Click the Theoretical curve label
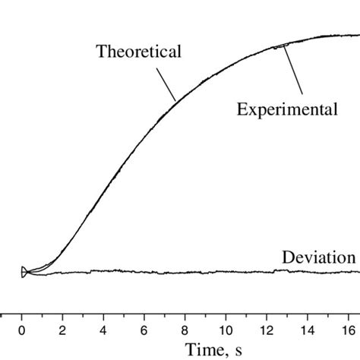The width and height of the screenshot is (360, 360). tap(137, 52)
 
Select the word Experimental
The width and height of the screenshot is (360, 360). tap(286, 109)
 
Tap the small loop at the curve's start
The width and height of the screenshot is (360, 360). tap(24, 271)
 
